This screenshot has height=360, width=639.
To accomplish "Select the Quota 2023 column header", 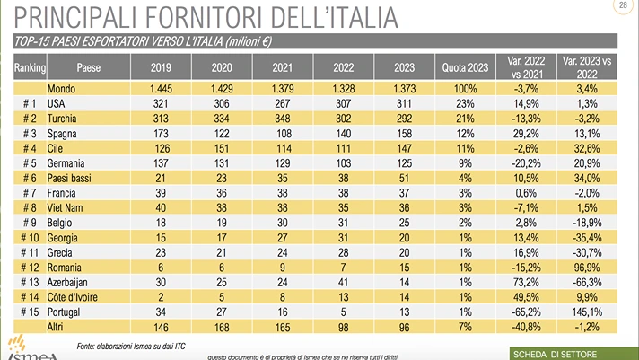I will click(x=466, y=67).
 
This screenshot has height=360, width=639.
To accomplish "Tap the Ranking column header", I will click(x=29, y=67).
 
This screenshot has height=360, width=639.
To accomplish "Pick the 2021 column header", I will click(x=280, y=67).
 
